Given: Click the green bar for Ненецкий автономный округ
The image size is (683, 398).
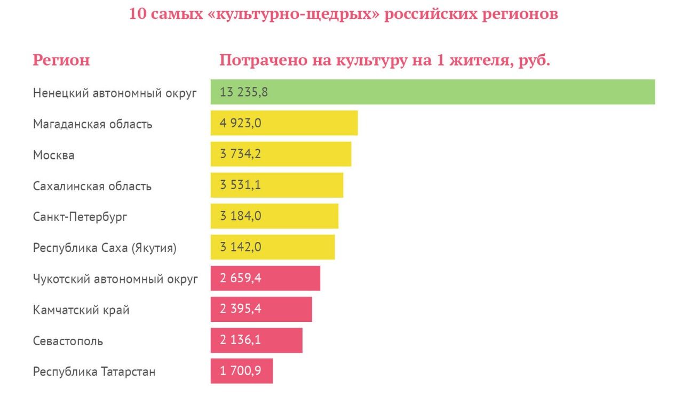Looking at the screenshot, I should [x=432, y=92].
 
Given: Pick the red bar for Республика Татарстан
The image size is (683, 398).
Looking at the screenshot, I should [x=242, y=371].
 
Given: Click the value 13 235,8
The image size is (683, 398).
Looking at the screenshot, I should [x=243, y=92].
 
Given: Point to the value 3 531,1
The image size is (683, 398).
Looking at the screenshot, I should [x=240, y=185].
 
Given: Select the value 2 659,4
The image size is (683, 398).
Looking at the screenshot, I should [x=240, y=278].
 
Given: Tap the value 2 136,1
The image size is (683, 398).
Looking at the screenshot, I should [x=240, y=340].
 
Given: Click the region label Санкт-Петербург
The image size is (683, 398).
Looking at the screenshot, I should [x=80, y=217].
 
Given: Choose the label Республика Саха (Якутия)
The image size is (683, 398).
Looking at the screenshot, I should [x=105, y=248].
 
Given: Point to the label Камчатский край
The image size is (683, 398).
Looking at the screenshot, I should [x=81, y=310].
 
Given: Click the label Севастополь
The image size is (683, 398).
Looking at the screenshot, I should [x=68, y=341].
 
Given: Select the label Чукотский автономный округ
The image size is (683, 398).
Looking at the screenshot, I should [x=115, y=279].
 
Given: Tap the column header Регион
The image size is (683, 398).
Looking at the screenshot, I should [x=61, y=60].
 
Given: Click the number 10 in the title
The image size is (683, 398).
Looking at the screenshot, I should [x=138, y=14].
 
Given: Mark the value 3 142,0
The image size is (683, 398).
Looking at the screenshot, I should [x=240, y=247].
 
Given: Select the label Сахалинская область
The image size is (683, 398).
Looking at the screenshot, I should [x=92, y=186].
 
